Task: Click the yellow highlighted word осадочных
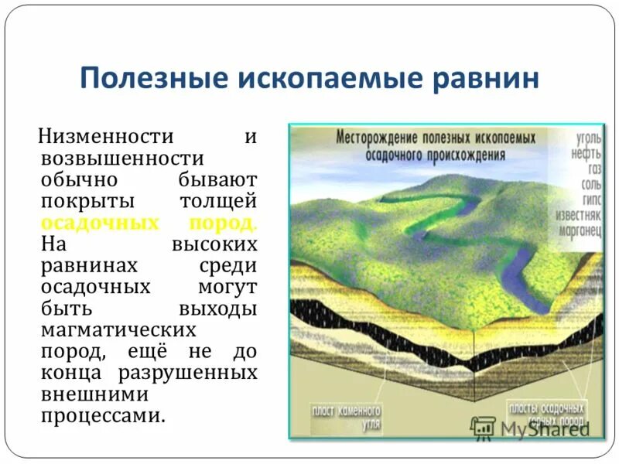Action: click(94, 223)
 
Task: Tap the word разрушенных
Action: click(188, 373)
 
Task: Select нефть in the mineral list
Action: click(587, 153)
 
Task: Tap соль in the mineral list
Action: click(590, 185)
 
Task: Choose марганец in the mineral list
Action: click(579, 230)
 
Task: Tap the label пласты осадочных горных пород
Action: click(546, 412)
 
